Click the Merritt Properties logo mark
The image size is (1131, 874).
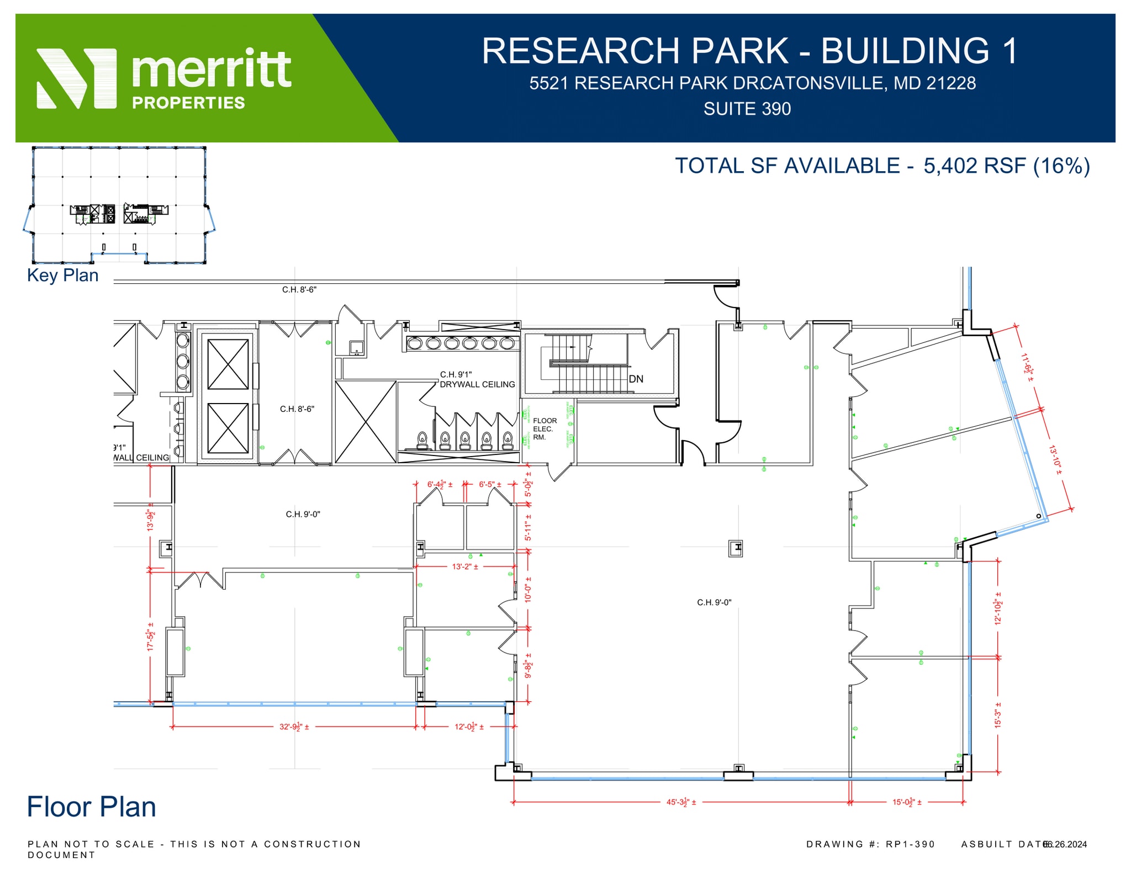[x=76, y=78]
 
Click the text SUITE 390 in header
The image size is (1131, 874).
[x=747, y=109]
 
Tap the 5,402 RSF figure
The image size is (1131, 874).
[x=974, y=166]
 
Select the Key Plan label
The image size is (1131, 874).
[x=62, y=275]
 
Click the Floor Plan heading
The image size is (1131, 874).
[x=91, y=807]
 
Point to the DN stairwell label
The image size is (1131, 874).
[x=636, y=379]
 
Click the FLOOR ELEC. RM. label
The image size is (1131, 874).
[x=544, y=428]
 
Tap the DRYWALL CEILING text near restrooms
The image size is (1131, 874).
[x=477, y=384]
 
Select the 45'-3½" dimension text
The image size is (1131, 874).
[x=681, y=802]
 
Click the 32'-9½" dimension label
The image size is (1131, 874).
[x=294, y=727]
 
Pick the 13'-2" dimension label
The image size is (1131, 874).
[x=465, y=566]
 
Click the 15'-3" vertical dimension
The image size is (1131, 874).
[x=997, y=715]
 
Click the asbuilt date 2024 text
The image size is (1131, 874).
[x=1065, y=844]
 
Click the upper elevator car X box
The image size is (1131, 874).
[x=228, y=364]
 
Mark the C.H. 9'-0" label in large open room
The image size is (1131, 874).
[x=714, y=602]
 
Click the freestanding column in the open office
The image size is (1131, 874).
[x=735, y=548]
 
